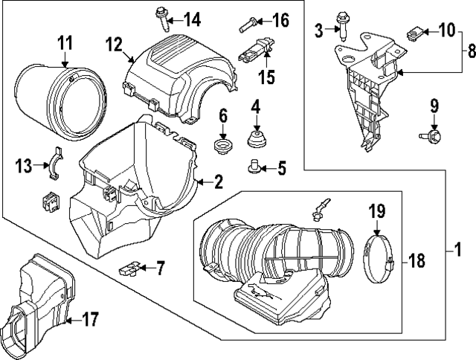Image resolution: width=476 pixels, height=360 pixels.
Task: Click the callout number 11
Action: click(x=65, y=42)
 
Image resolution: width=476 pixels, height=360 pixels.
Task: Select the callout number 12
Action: click(x=113, y=45)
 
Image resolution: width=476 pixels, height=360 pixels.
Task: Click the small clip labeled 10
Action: click(x=416, y=32)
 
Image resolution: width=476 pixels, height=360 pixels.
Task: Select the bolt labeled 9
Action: click(x=432, y=136)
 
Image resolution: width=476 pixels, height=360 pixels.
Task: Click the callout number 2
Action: click(x=219, y=181)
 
